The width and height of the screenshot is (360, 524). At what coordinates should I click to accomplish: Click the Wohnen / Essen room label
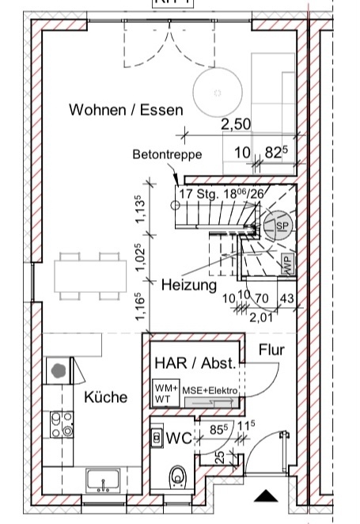click(126, 109)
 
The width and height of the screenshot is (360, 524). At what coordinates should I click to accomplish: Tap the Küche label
click(105, 397)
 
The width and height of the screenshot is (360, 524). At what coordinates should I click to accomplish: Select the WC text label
click(179, 438)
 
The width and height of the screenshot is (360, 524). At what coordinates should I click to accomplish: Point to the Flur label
click(271, 350)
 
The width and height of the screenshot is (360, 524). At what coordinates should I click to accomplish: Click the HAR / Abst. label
click(195, 363)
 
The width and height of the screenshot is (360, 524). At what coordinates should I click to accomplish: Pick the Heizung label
click(189, 285)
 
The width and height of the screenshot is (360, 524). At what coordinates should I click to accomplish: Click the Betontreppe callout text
click(167, 154)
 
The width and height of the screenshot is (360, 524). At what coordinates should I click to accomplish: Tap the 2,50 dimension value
click(236, 124)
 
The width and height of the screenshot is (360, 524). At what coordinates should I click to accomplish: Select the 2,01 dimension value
click(261, 317)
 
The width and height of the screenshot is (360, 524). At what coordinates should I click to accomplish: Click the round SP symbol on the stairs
click(278, 225)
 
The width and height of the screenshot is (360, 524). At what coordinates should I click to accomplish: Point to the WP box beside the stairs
click(289, 264)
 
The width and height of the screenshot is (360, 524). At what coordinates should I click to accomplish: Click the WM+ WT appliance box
click(166, 393)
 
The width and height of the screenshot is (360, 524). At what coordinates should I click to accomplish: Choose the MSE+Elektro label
click(210, 390)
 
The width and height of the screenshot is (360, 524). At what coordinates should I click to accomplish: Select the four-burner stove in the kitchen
click(62, 424)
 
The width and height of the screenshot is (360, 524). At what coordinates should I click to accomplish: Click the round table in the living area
click(218, 91)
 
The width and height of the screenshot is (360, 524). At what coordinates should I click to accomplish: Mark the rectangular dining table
click(90, 276)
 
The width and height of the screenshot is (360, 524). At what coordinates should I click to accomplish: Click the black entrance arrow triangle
click(266, 496)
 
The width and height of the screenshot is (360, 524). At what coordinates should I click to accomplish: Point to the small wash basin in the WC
click(157, 437)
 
